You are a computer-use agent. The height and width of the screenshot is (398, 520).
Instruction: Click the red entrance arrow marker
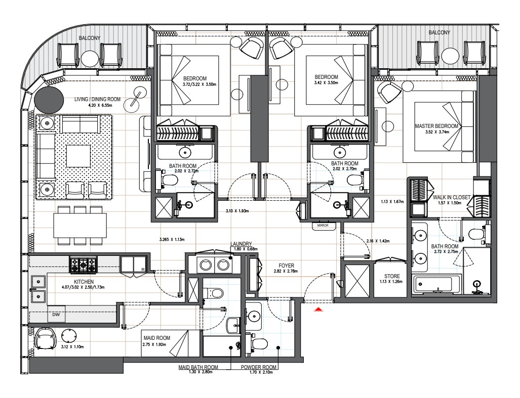point(318,309)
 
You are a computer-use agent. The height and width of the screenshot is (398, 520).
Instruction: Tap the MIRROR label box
point(323,226)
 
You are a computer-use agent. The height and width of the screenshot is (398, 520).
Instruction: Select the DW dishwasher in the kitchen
point(56,314)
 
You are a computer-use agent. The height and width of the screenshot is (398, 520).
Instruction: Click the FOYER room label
point(286,266)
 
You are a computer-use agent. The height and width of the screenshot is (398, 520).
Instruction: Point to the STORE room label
point(392,276)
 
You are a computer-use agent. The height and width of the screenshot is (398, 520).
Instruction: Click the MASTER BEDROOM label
point(436,126)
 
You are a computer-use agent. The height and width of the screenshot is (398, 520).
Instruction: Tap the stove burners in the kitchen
point(83,265)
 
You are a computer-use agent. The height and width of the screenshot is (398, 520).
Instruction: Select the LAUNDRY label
point(241,244)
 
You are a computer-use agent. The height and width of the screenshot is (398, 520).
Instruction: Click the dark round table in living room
point(49,99)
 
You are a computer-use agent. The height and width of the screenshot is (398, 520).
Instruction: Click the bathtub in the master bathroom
point(436,284)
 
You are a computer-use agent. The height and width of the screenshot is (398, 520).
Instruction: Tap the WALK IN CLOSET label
point(451,197)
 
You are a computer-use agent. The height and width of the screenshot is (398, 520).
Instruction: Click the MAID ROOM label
point(157,338)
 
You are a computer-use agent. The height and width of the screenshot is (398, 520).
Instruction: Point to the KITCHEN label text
point(84,282)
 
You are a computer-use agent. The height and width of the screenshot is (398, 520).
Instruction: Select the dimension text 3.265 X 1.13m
point(172,239)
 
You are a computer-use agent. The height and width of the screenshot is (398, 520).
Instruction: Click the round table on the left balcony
point(90,59)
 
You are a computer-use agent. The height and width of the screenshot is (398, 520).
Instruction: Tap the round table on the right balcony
point(450,57)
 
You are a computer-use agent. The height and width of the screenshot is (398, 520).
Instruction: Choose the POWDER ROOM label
point(258,367)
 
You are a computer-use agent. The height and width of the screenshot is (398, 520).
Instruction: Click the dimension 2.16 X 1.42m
point(378,241)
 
